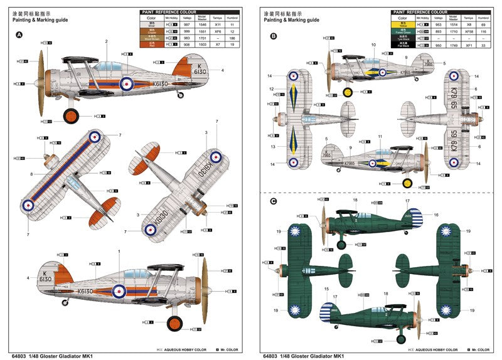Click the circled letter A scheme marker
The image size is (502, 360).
(19, 35)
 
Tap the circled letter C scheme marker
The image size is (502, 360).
(273, 201)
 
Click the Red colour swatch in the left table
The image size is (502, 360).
(151, 44)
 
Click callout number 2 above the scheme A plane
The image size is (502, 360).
(107, 41)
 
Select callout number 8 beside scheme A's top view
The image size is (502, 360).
(31, 174)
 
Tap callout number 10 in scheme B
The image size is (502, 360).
(373, 45)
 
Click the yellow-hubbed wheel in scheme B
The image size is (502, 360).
(407, 183)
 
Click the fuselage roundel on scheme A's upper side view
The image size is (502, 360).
(127, 82)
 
